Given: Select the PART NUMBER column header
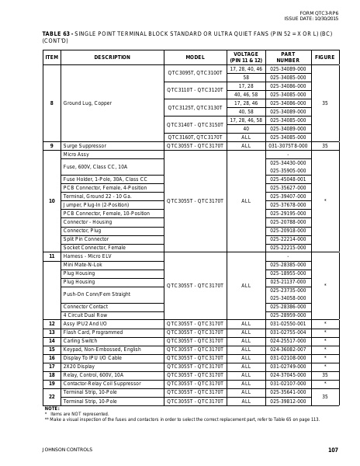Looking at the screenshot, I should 288,57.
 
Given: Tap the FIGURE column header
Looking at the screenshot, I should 325,57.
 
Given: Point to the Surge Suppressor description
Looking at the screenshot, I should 82,145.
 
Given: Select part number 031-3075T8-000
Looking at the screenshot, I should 288,145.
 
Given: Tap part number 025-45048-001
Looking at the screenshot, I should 288,179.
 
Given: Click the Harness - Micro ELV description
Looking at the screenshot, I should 87,256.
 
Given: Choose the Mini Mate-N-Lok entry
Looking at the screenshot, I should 83,264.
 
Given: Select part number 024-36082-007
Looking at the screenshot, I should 288,349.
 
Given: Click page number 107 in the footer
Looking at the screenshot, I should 334,450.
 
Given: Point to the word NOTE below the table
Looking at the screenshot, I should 52,408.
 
